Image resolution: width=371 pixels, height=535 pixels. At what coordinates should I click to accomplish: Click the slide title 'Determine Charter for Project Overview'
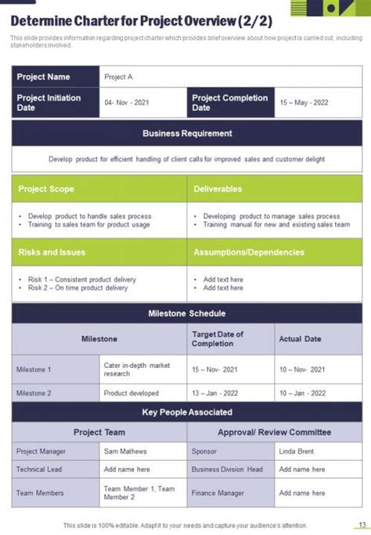[x=142, y=22]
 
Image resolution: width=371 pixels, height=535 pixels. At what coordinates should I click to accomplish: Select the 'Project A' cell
[x=119, y=77]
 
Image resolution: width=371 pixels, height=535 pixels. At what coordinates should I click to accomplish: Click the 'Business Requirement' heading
[x=187, y=133]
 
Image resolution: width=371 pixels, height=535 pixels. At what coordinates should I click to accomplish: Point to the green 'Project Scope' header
[x=46, y=189]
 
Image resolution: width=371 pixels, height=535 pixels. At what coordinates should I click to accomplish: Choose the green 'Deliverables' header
[x=218, y=189]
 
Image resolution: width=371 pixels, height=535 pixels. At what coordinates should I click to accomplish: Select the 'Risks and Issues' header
[x=52, y=252]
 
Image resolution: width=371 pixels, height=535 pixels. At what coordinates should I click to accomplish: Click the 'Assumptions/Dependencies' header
[x=248, y=252]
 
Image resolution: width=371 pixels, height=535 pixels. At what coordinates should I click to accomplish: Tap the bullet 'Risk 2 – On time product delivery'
[x=77, y=287]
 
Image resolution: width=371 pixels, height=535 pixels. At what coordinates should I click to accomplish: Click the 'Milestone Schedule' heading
[x=187, y=313]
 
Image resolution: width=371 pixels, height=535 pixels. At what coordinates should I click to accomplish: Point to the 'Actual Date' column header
[x=300, y=339]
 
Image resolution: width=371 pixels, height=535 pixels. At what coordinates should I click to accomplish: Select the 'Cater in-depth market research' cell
[x=136, y=369]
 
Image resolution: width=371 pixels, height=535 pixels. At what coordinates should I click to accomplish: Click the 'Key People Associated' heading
[x=187, y=412]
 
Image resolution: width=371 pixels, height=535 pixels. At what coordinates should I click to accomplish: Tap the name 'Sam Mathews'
[x=124, y=451]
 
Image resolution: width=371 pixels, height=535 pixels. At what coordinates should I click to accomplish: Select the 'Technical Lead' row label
[x=40, y=469]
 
